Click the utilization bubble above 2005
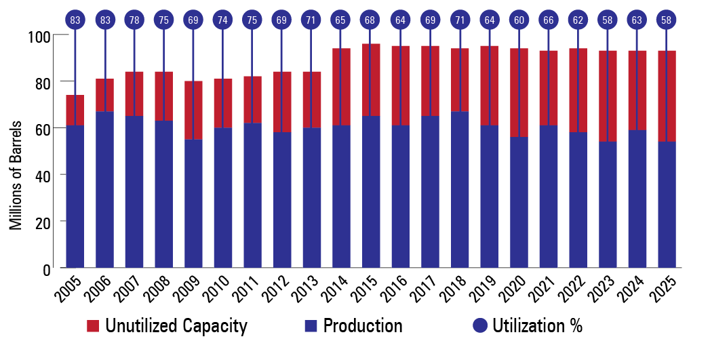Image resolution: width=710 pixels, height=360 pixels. coord(75,20)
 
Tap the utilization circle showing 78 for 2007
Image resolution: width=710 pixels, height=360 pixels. coord(134,20)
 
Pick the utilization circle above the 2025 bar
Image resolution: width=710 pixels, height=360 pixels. coord(667,20)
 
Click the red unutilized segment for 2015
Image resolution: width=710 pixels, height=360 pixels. coord(371,80)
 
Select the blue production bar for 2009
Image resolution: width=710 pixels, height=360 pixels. coord(193,203)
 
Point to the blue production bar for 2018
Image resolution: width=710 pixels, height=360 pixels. coord(460,190)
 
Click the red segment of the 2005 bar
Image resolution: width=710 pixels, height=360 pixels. coord(75,111)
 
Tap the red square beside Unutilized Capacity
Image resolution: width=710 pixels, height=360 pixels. coord(94,326)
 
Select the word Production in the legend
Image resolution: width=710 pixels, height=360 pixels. coord(363,326)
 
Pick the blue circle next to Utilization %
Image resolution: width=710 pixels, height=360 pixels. coord(480,326)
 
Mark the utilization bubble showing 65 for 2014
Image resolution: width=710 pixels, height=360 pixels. coord(341,20)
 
